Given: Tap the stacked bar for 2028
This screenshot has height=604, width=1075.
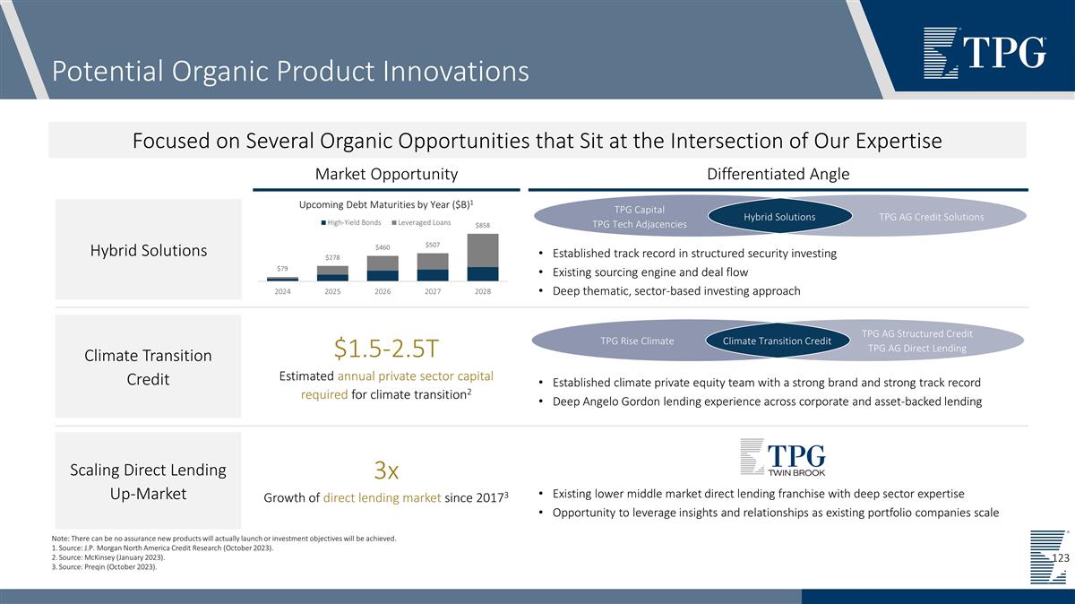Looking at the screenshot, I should click(483, 257).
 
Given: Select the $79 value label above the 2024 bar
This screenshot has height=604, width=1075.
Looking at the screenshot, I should click(282, 268).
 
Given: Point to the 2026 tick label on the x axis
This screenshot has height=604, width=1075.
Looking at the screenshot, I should click(383, 291).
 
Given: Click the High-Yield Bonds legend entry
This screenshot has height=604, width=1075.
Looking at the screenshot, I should click(355, 221).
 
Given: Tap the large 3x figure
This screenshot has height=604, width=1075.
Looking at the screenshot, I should click(386, 470).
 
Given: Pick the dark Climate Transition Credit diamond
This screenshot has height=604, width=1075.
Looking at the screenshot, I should click(777, 341).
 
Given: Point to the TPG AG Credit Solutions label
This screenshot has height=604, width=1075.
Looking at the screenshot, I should click(931, 217).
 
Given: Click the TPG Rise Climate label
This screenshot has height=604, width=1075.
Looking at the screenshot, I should click(637, 341).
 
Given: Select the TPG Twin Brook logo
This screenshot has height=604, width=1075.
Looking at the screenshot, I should click(782, 457).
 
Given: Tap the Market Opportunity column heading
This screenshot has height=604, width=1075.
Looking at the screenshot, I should click(386, 174).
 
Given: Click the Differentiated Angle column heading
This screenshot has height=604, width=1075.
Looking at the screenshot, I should click(778, 174).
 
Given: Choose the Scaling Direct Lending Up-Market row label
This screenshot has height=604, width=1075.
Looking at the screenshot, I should click(148, 481).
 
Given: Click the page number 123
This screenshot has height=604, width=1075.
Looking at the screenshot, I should click(1060, 558).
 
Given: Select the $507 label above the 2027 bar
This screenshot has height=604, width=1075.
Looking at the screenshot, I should click(433, 245).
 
